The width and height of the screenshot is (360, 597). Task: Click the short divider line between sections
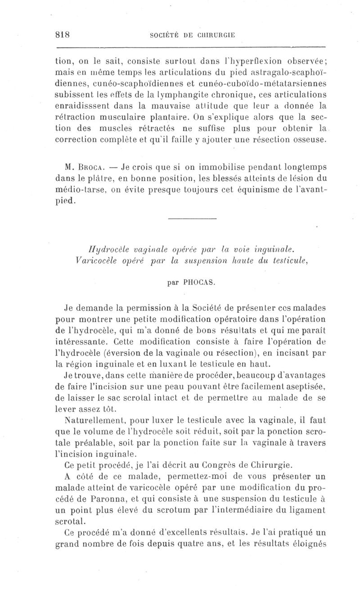192,219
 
